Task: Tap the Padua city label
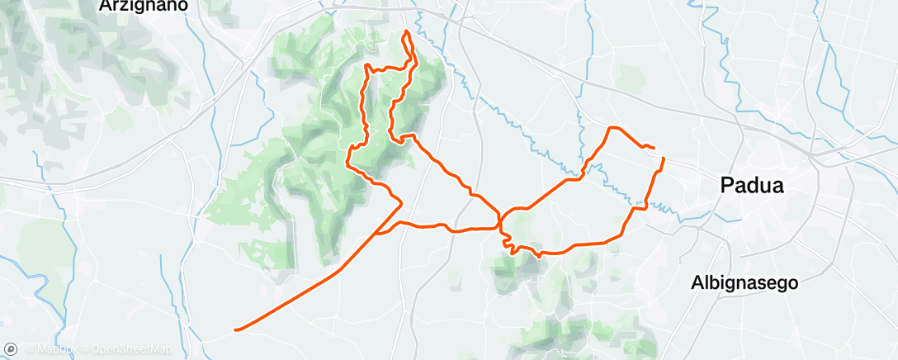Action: [751, 185]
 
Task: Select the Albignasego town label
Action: [744, 283]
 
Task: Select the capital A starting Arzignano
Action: [104, 5]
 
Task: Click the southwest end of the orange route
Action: [236, 330]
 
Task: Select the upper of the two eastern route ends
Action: [655, 148]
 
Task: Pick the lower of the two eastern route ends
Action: [663, 157]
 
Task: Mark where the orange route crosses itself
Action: [500, 222]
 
